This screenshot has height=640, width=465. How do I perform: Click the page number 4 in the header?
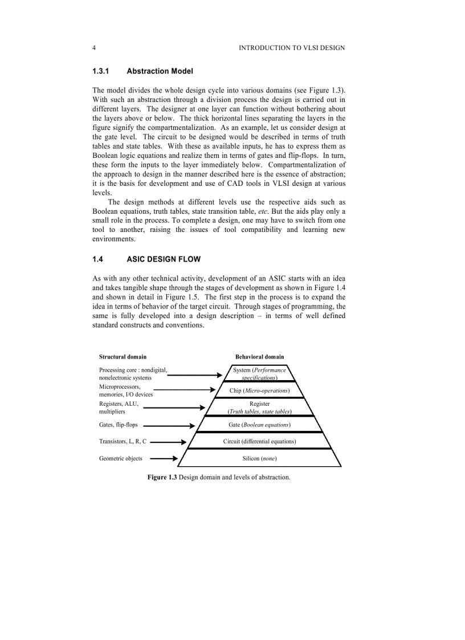pos(93,48)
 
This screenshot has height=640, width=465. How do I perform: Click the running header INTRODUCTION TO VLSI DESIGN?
pos(291,48)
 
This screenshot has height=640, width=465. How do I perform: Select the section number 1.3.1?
pos(100,71)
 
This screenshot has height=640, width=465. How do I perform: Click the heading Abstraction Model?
pos(160,71)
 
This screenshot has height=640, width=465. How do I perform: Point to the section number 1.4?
pos(97,259)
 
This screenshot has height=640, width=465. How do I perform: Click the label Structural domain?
pos(123,357)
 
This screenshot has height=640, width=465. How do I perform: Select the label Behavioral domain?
pos(259,357)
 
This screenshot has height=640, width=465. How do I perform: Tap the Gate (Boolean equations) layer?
pos(259,425)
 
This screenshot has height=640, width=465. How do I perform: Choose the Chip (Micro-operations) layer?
pos(259,390)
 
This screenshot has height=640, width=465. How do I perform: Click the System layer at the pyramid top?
pos(259,373)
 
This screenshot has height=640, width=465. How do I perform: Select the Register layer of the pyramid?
pos(259,407)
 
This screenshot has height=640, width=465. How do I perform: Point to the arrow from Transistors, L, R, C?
pos(168,442)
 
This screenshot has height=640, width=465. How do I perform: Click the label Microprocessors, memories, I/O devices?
pos(125,390)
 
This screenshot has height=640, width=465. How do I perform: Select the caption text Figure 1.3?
pos(162,477)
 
